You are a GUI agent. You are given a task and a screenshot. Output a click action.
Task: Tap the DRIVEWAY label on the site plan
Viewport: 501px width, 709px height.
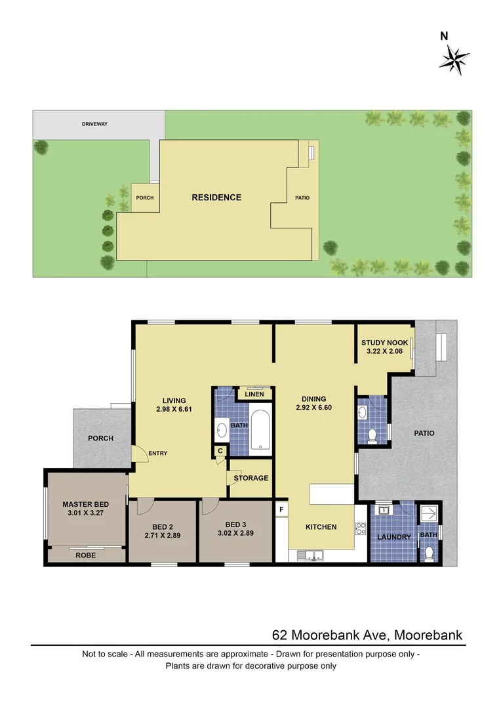point(94,123)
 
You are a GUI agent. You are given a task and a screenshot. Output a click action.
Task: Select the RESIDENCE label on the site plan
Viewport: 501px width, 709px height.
point(216,198)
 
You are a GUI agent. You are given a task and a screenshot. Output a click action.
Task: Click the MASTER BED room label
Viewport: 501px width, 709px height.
point(85,504)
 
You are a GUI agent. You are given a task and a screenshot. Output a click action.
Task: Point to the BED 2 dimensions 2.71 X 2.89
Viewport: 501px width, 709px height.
point(162,536)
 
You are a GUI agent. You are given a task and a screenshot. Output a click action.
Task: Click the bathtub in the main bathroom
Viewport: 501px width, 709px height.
point(260,432)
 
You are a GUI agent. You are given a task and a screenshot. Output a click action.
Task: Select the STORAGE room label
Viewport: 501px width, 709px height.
point(251,478)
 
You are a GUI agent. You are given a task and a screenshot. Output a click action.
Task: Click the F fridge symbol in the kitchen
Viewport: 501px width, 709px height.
point(281,509)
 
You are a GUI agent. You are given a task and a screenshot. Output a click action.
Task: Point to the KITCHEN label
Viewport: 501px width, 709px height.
point(321,527)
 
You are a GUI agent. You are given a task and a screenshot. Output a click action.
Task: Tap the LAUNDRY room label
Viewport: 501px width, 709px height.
point(394,537)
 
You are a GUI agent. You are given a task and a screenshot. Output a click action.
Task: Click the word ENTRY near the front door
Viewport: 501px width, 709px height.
point(159,453)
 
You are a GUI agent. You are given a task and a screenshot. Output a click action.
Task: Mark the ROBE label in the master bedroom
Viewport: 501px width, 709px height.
point(85,555)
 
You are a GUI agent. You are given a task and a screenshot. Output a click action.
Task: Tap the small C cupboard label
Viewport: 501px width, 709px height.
point(220,450)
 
